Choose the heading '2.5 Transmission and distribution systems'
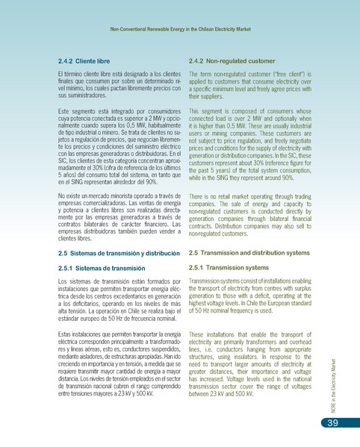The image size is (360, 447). pos(249,254)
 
